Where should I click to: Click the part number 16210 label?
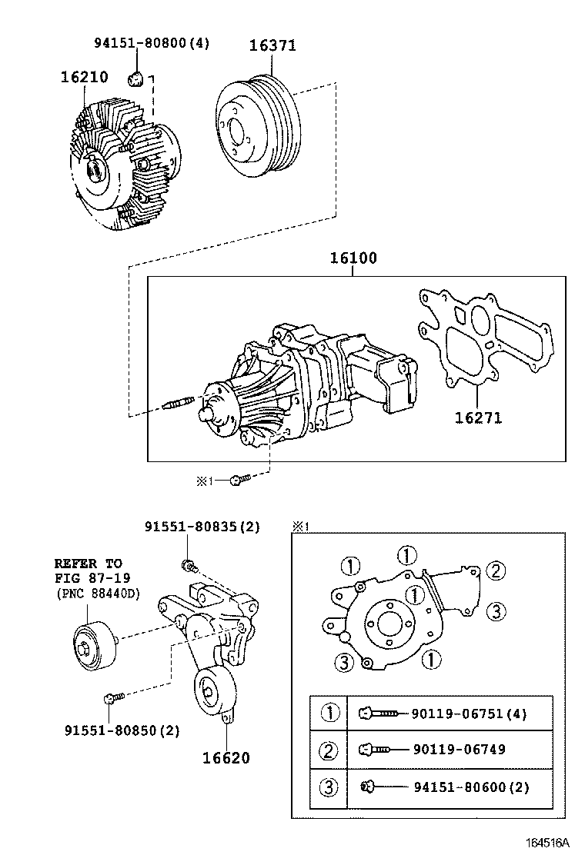84,77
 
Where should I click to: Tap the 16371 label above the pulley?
272,45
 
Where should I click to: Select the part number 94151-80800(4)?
152,42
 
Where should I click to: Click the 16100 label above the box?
353,258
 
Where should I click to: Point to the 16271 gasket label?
478,418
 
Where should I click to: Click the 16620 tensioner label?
226,757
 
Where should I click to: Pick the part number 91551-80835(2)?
202,527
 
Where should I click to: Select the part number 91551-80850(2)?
122,730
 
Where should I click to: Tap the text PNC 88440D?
99,594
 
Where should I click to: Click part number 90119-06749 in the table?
459,749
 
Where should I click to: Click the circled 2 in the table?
328,750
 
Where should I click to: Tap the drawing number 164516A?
547,842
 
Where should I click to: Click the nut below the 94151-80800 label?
135,79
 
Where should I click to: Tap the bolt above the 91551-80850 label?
114,697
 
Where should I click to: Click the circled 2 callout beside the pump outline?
496,571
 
